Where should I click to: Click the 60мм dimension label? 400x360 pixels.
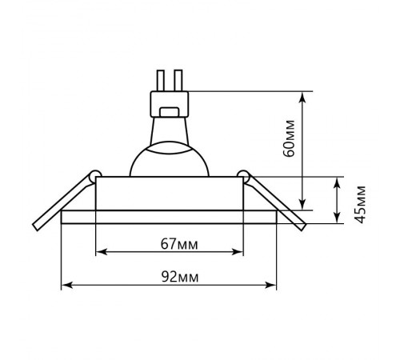[x=290, y=138]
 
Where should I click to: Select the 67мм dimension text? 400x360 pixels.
[x=179, y=244]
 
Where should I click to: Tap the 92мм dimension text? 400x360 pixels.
[x=180, y=277]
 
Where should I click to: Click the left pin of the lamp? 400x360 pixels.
[x=161, y=80]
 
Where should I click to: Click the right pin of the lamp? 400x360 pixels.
[x=178, y=80]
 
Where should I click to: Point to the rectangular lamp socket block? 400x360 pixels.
[x=170, y=104]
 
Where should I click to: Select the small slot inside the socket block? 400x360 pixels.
[x=170, y=112]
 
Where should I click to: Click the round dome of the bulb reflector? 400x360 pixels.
[x=170, y=159]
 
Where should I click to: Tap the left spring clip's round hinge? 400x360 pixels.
[x=95, y=176]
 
